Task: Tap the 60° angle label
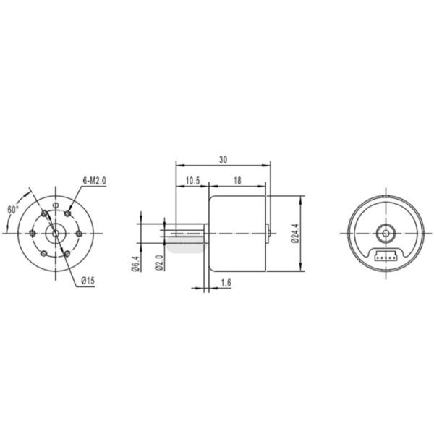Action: (x=14, y=209)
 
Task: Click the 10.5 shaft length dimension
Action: (x=193, y=180)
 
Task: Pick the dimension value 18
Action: (x=237, y=180)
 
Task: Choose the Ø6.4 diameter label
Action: (x=135, y=265)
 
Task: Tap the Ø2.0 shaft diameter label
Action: (x=159, y=265)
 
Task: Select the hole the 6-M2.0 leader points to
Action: (x=67, y=214)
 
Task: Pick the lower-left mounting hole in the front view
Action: (x=43, y=252)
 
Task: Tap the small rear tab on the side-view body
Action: (x=270, y=233)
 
